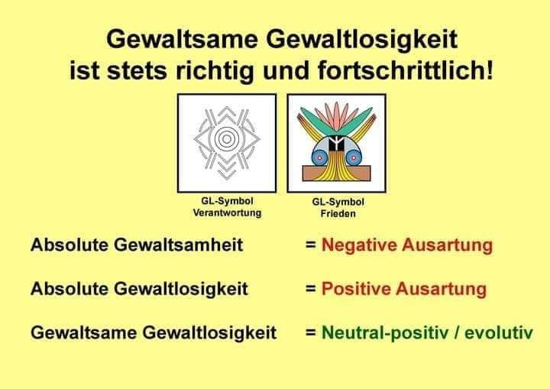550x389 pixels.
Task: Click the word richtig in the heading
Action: coord(215,71)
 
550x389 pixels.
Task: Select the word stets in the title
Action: coord(137,70)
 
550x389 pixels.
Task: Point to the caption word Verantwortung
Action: coord(227,212)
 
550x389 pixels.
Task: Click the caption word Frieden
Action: coord(338,213)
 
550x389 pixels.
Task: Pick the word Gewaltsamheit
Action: coord(178,245)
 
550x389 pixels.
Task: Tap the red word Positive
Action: coord(356,289)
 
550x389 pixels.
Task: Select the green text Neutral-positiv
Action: coord(385,332)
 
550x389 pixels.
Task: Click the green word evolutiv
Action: coord(499,332)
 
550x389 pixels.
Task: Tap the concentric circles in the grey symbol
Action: coord(227,139)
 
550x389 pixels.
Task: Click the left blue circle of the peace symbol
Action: coord(319,158)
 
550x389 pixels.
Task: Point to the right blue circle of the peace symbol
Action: coord(354,158)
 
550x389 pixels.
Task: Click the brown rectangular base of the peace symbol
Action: coord(336,173)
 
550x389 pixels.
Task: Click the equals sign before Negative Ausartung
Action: coord(310,245)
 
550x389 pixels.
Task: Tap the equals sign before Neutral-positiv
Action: coord(310,332)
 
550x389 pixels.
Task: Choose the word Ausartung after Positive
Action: coord(441,289)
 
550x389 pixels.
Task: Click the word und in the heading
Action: coord(286,70)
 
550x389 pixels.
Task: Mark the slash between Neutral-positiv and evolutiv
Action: coord(456,332)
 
